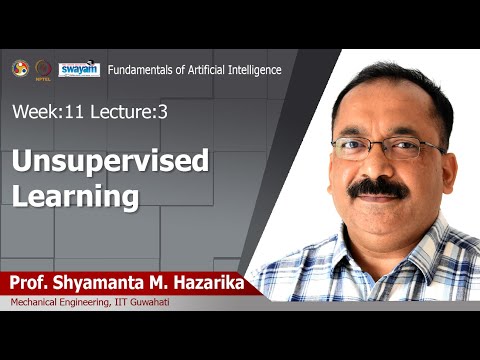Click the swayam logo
(x=79, y=69)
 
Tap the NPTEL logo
(x=42, y=69)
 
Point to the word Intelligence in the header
(x=252, y=69)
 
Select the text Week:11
(x=47, y=112)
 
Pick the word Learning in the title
(x=74, y=196)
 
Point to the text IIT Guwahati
(x=145, y=303)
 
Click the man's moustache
(x=378, y=188)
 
